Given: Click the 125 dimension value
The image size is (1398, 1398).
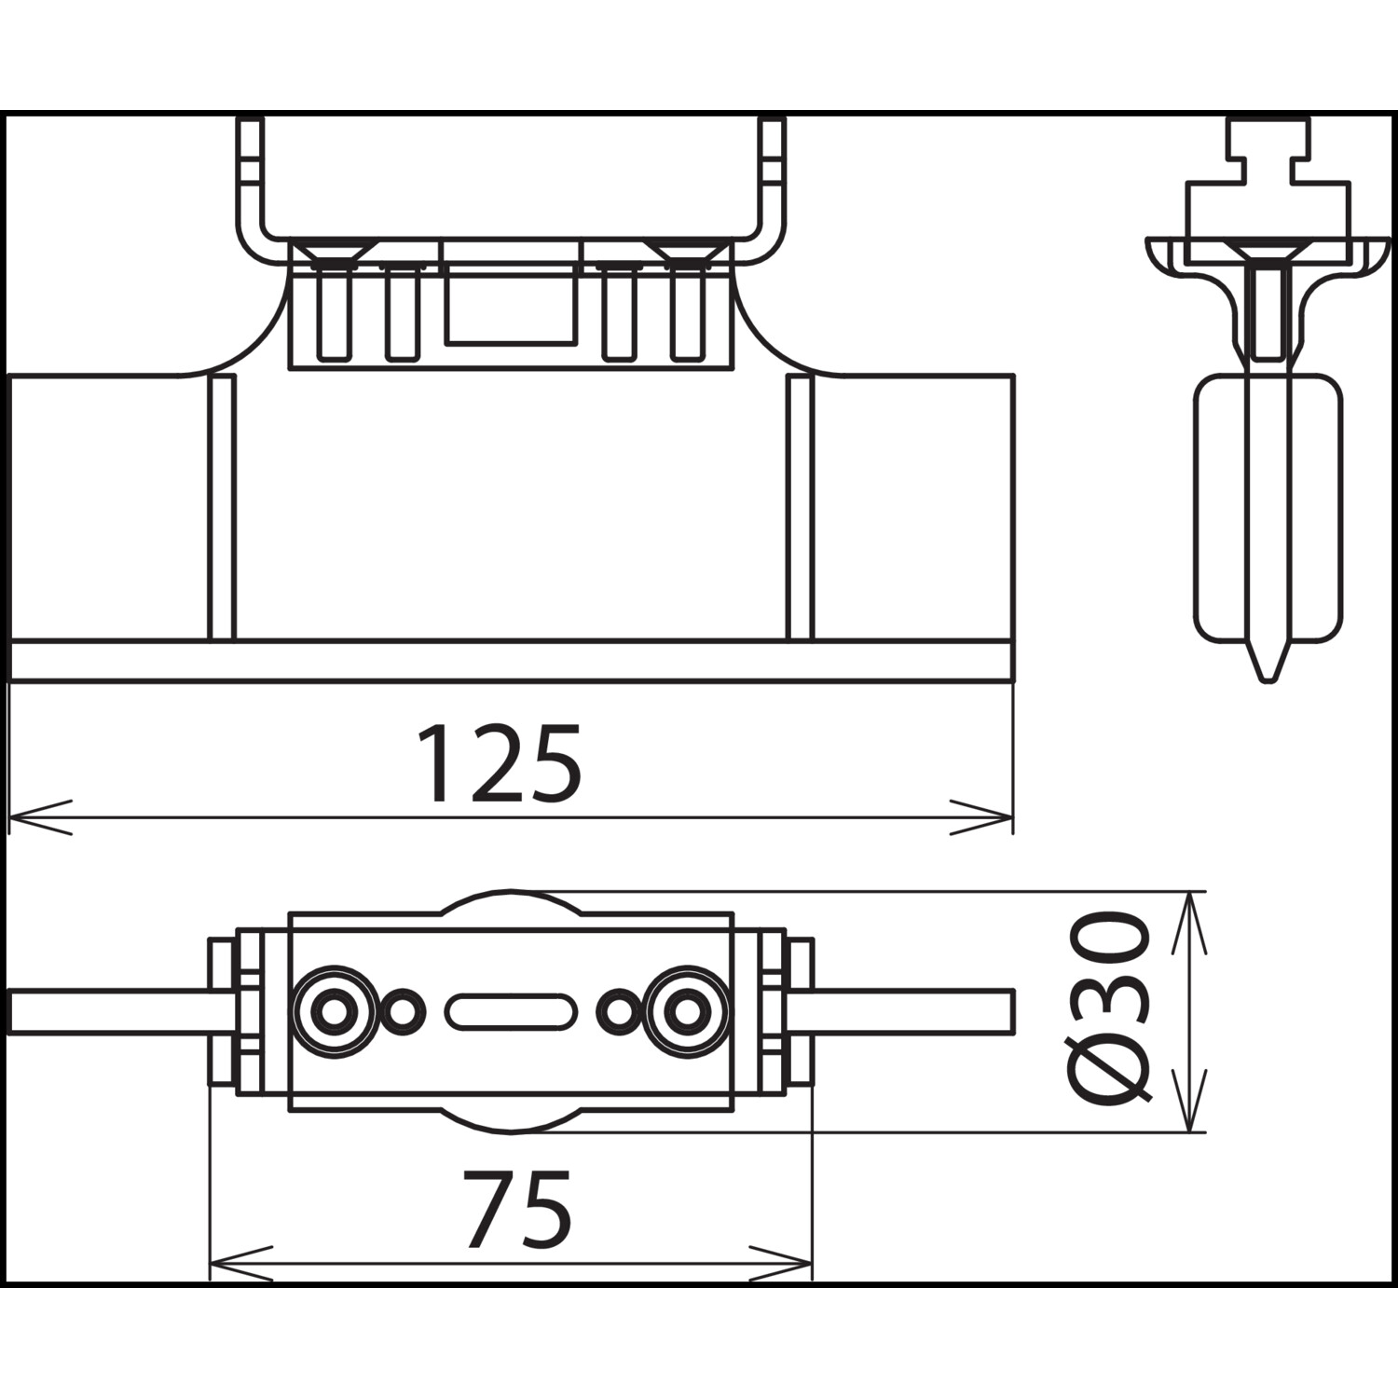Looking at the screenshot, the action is [x=500, y=764].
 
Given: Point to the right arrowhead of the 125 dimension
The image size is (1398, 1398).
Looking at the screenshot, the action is [x=981, y=816].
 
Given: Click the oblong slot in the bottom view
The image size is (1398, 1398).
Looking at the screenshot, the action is [x=510, y=1011].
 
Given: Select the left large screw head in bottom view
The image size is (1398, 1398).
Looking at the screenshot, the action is [x=332, y=1011].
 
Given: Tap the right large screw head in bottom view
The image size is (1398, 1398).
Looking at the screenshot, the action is [x=687, y=1011].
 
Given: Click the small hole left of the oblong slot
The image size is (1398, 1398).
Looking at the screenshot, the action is [x=403, y=1011].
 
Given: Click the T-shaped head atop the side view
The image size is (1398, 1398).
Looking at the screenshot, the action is [x=1268, y=177].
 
